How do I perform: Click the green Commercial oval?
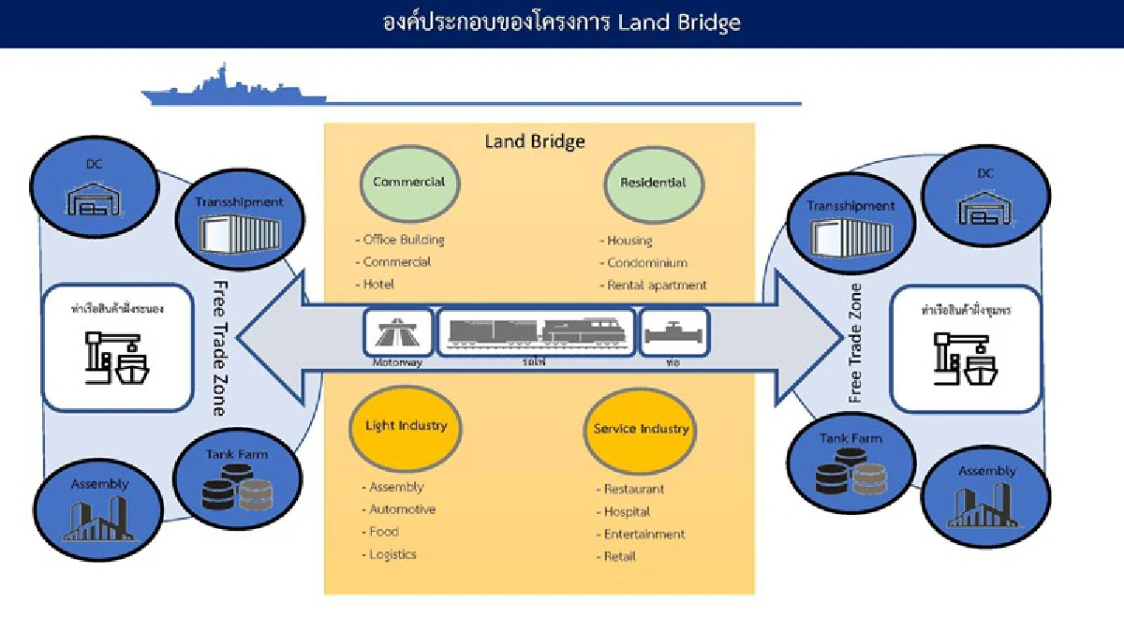[408, 184]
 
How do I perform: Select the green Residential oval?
[654, 184]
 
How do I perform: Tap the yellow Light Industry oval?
[406, 427]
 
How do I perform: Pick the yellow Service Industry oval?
[641, 430]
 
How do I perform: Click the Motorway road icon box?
[398, 332]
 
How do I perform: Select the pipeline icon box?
[674, 332]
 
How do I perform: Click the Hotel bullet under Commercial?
[378, 285]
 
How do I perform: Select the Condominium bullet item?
[645, 263]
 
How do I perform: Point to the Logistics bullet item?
[392, 554]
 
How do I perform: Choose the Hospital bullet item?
[626, 512]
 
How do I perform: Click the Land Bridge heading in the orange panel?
[534, 141]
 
